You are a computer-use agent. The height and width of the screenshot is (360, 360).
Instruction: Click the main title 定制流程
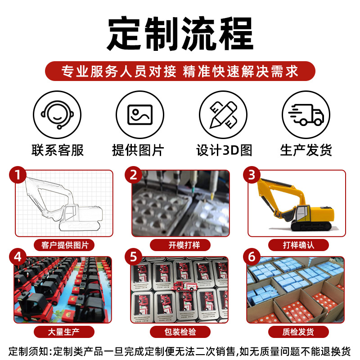180,33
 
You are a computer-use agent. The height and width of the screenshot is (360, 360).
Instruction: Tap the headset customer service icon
57,115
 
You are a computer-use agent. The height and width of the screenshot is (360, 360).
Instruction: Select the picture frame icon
140,115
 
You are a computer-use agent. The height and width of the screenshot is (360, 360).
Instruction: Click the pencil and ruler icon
223,115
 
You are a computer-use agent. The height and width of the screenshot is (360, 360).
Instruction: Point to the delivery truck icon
306,115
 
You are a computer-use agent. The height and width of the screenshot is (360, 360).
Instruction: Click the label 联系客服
58,150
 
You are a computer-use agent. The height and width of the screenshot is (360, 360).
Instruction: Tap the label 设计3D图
224,150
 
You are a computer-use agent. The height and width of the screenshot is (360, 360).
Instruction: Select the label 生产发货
306,150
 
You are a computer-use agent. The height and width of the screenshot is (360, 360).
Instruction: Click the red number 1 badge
18,175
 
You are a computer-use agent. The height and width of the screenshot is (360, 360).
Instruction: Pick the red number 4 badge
18,256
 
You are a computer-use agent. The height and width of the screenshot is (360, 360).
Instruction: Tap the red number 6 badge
252,256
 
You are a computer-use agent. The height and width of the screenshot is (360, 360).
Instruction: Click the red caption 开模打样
180,245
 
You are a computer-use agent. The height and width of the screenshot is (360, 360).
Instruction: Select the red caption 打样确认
298,245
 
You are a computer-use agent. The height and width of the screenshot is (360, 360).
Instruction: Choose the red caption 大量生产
64,332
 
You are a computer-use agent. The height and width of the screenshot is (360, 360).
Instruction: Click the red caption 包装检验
180,332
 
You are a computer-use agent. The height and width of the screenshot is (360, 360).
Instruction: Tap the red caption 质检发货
298,332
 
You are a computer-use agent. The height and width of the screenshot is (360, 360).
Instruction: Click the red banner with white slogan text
180,71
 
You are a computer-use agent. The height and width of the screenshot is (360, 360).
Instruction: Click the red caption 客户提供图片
64,245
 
